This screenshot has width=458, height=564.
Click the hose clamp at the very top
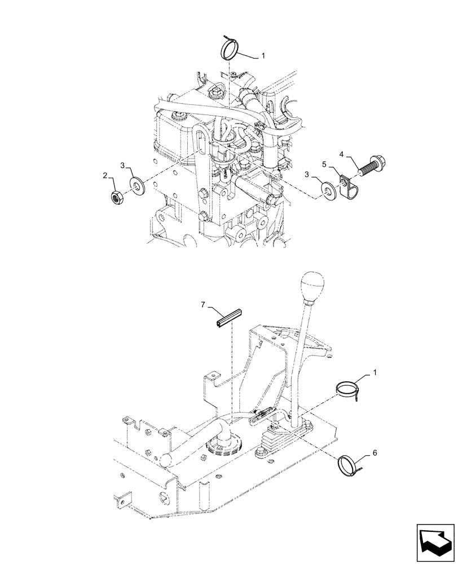pos(230,47)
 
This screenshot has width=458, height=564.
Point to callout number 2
pos(105,176)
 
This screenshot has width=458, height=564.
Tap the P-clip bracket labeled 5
pos(349,183)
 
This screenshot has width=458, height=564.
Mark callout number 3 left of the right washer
pos(307,175)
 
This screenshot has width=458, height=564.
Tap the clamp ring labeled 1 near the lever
pos(349,389)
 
